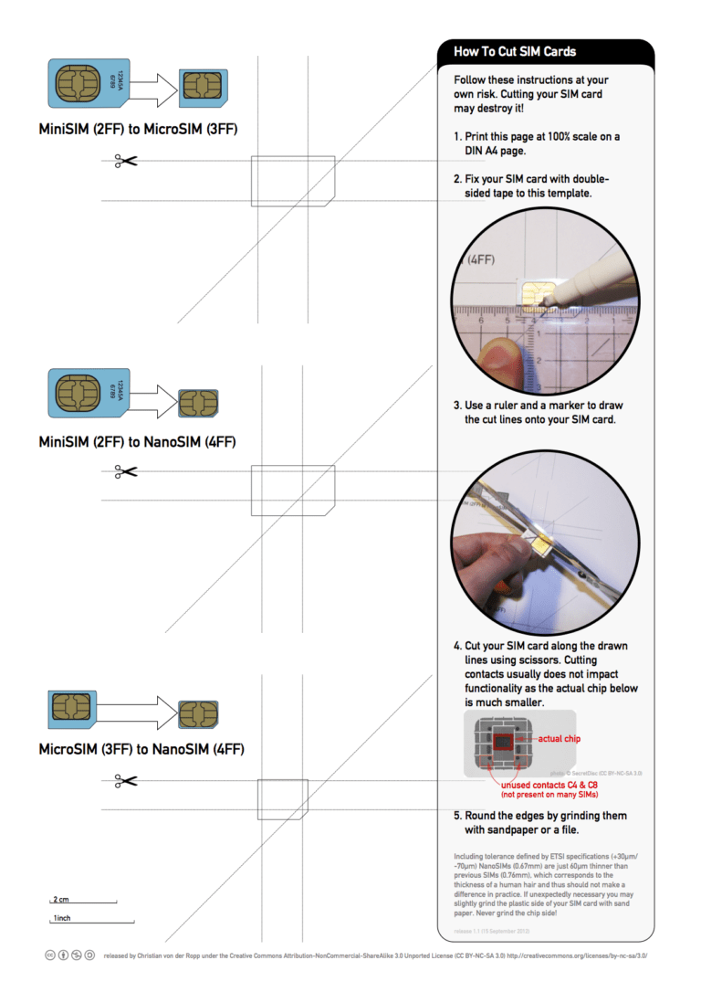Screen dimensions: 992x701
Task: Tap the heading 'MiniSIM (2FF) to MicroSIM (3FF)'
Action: [138, 129]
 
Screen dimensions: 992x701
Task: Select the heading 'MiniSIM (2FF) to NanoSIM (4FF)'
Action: [137, 442]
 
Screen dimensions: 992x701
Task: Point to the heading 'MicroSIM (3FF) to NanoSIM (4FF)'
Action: [141, 750]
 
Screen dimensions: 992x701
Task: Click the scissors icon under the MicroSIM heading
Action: [125, 162]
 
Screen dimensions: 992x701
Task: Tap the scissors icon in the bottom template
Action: [125, 781]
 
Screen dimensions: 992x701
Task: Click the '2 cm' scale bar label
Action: [61, 900]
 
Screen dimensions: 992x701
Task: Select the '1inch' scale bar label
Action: [62, 917]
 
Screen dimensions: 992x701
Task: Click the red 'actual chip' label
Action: [559, 738]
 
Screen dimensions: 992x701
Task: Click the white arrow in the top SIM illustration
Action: [153, 87]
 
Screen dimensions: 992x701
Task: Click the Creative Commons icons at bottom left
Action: [69, 955]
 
